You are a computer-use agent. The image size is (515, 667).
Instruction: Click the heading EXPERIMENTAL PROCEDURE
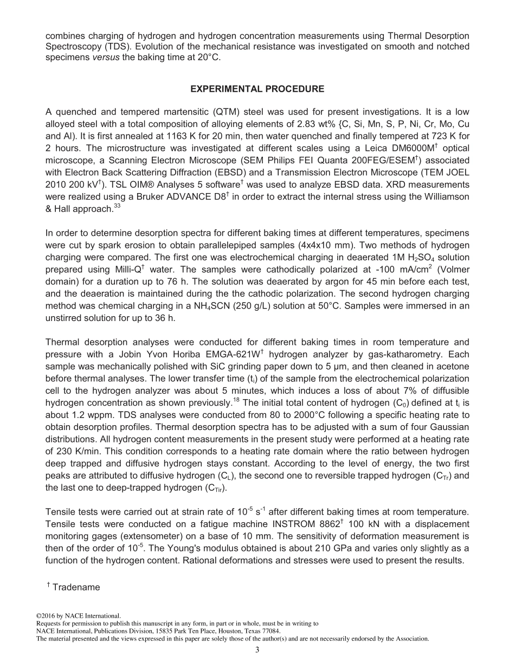tap(257, 89)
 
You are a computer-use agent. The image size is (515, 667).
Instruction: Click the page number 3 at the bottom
tap(257, 650)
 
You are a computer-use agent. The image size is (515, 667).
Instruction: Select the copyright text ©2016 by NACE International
tap(79, 616)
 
